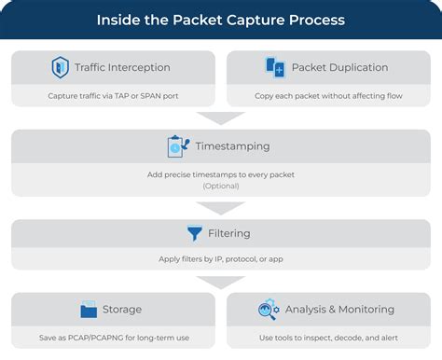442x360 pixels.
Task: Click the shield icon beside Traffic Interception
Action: click(61, 67)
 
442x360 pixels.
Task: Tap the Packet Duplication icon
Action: click(276, 67)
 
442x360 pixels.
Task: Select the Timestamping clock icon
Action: click(176, 147)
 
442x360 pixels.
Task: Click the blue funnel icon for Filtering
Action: click(195, 233)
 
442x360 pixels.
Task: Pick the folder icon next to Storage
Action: click(90, 310)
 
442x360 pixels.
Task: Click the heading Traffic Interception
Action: click(122, 67)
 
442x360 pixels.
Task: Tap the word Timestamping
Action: click(232, 147)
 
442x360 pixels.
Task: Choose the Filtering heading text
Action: click(229, 233)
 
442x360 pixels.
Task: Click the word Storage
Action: click(123, 310)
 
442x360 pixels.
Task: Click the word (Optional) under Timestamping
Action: click(221, 186)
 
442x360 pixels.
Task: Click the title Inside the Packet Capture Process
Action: click(221, 19)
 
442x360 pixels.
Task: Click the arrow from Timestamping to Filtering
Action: click(221, 207)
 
